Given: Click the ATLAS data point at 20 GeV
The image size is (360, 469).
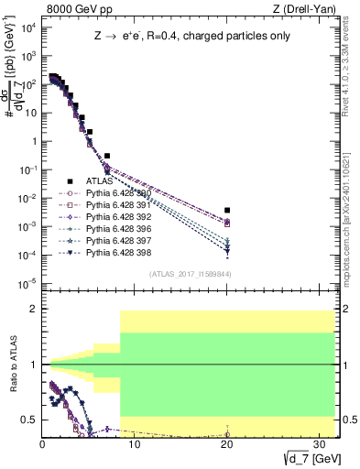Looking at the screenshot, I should coord(227,210).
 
